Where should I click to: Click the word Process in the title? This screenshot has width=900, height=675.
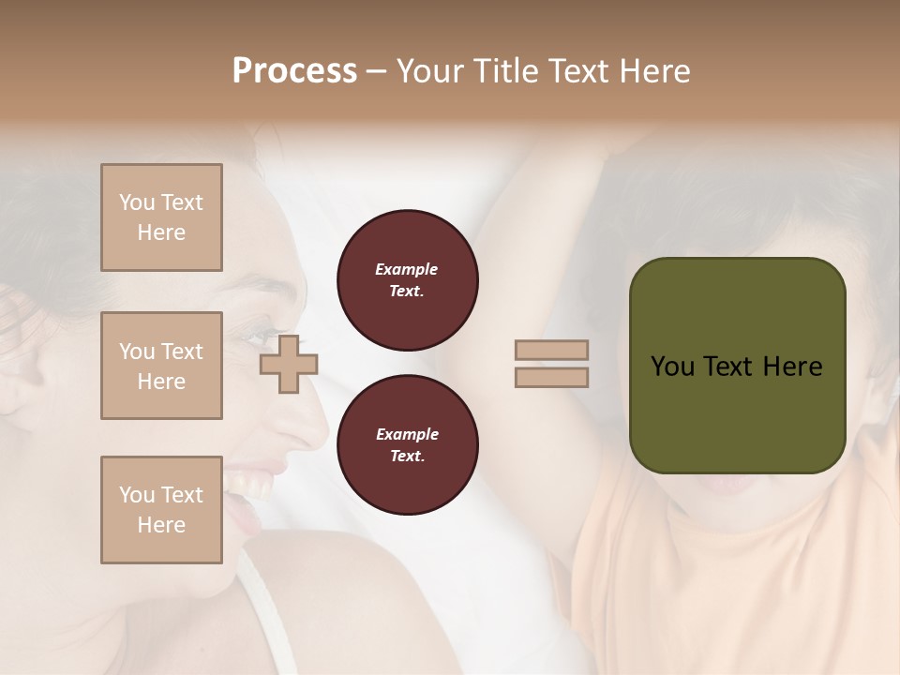(294, 70)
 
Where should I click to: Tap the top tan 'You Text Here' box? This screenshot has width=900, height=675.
(161, 217)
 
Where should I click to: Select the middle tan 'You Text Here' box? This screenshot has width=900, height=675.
(161, 366)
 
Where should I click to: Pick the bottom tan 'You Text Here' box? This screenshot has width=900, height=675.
(161, 509)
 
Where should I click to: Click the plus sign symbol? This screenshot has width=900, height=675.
(289, 364)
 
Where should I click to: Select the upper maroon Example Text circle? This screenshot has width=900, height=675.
(407, 280)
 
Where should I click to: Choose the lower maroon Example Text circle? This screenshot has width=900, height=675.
(407, 445)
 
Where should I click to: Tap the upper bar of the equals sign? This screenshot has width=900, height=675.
(552, 350)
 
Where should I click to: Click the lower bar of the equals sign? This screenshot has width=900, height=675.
(552, 377)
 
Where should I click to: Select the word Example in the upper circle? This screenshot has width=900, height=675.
(407, 269)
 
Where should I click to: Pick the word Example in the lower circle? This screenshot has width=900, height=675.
(407, 434)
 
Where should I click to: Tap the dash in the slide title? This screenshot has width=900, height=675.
(377, 71)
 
